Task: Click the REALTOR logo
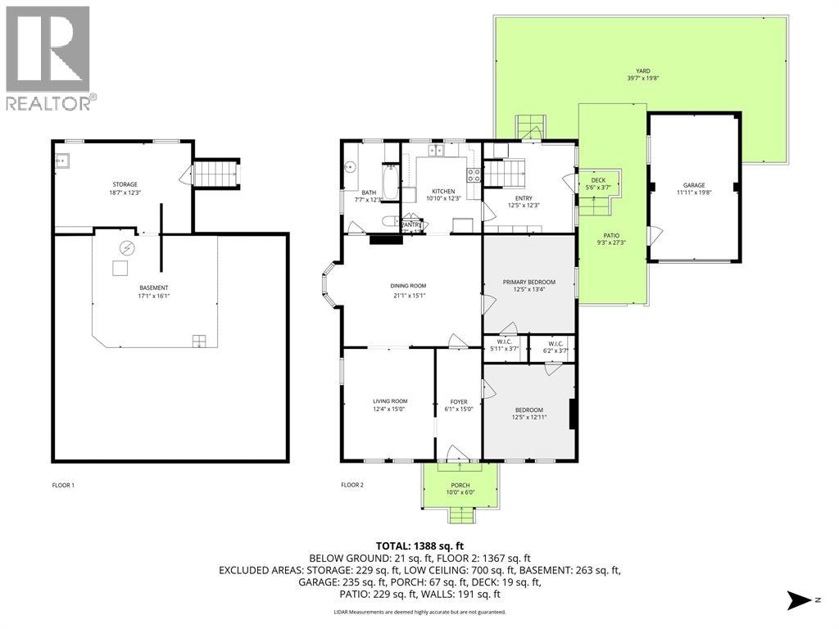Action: [49, 57]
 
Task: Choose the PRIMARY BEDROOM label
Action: [528, 283]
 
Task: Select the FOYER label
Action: [458, 402]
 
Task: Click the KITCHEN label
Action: [443, 190]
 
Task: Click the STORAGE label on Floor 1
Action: [125, 184]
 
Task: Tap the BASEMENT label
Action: [154, 287]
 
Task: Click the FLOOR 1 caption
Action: [63, 485]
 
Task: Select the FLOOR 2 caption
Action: [352, 485]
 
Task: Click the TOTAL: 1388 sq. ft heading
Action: [419, 545]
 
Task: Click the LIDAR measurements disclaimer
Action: [419, 612]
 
